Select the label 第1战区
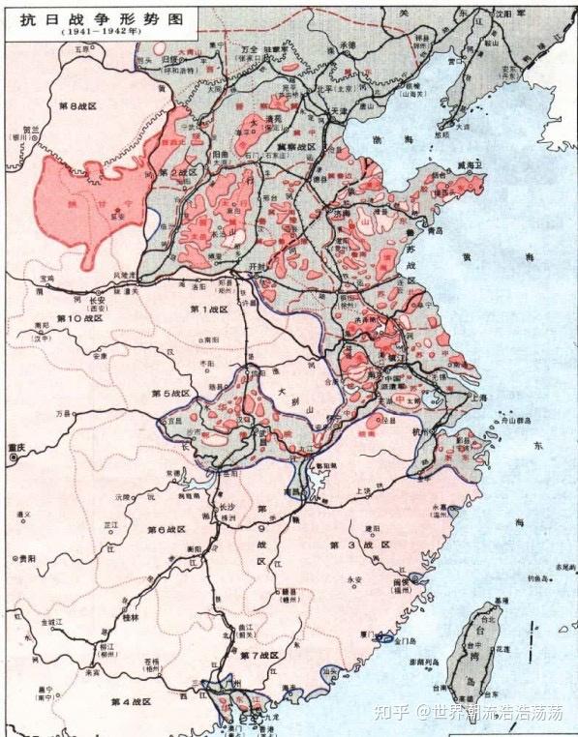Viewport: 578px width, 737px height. tap(209, 309)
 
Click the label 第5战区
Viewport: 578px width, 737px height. tap(170, 394)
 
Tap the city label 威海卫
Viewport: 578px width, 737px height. tap(471, 165)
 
